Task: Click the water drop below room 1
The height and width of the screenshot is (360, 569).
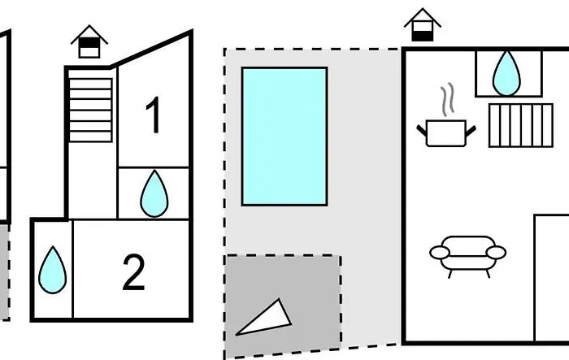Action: tap(154, 193)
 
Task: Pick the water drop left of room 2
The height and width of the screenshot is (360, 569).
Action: tap(53, 270)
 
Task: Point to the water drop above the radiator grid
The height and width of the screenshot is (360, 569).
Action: tap(507, 72)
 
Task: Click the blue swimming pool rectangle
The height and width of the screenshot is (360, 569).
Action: tap(284, 136)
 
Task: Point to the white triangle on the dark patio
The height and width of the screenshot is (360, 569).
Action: tap(265, 318)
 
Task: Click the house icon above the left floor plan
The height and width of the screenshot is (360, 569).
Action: tap(89, 42)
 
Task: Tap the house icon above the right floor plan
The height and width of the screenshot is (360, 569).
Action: tap(423, 25)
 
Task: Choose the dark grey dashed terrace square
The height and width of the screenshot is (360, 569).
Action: tap(282, 306)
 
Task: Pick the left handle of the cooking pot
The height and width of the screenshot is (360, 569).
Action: tap(422, 128)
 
